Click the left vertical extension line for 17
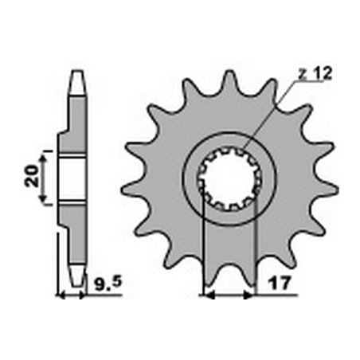pos(205,255)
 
